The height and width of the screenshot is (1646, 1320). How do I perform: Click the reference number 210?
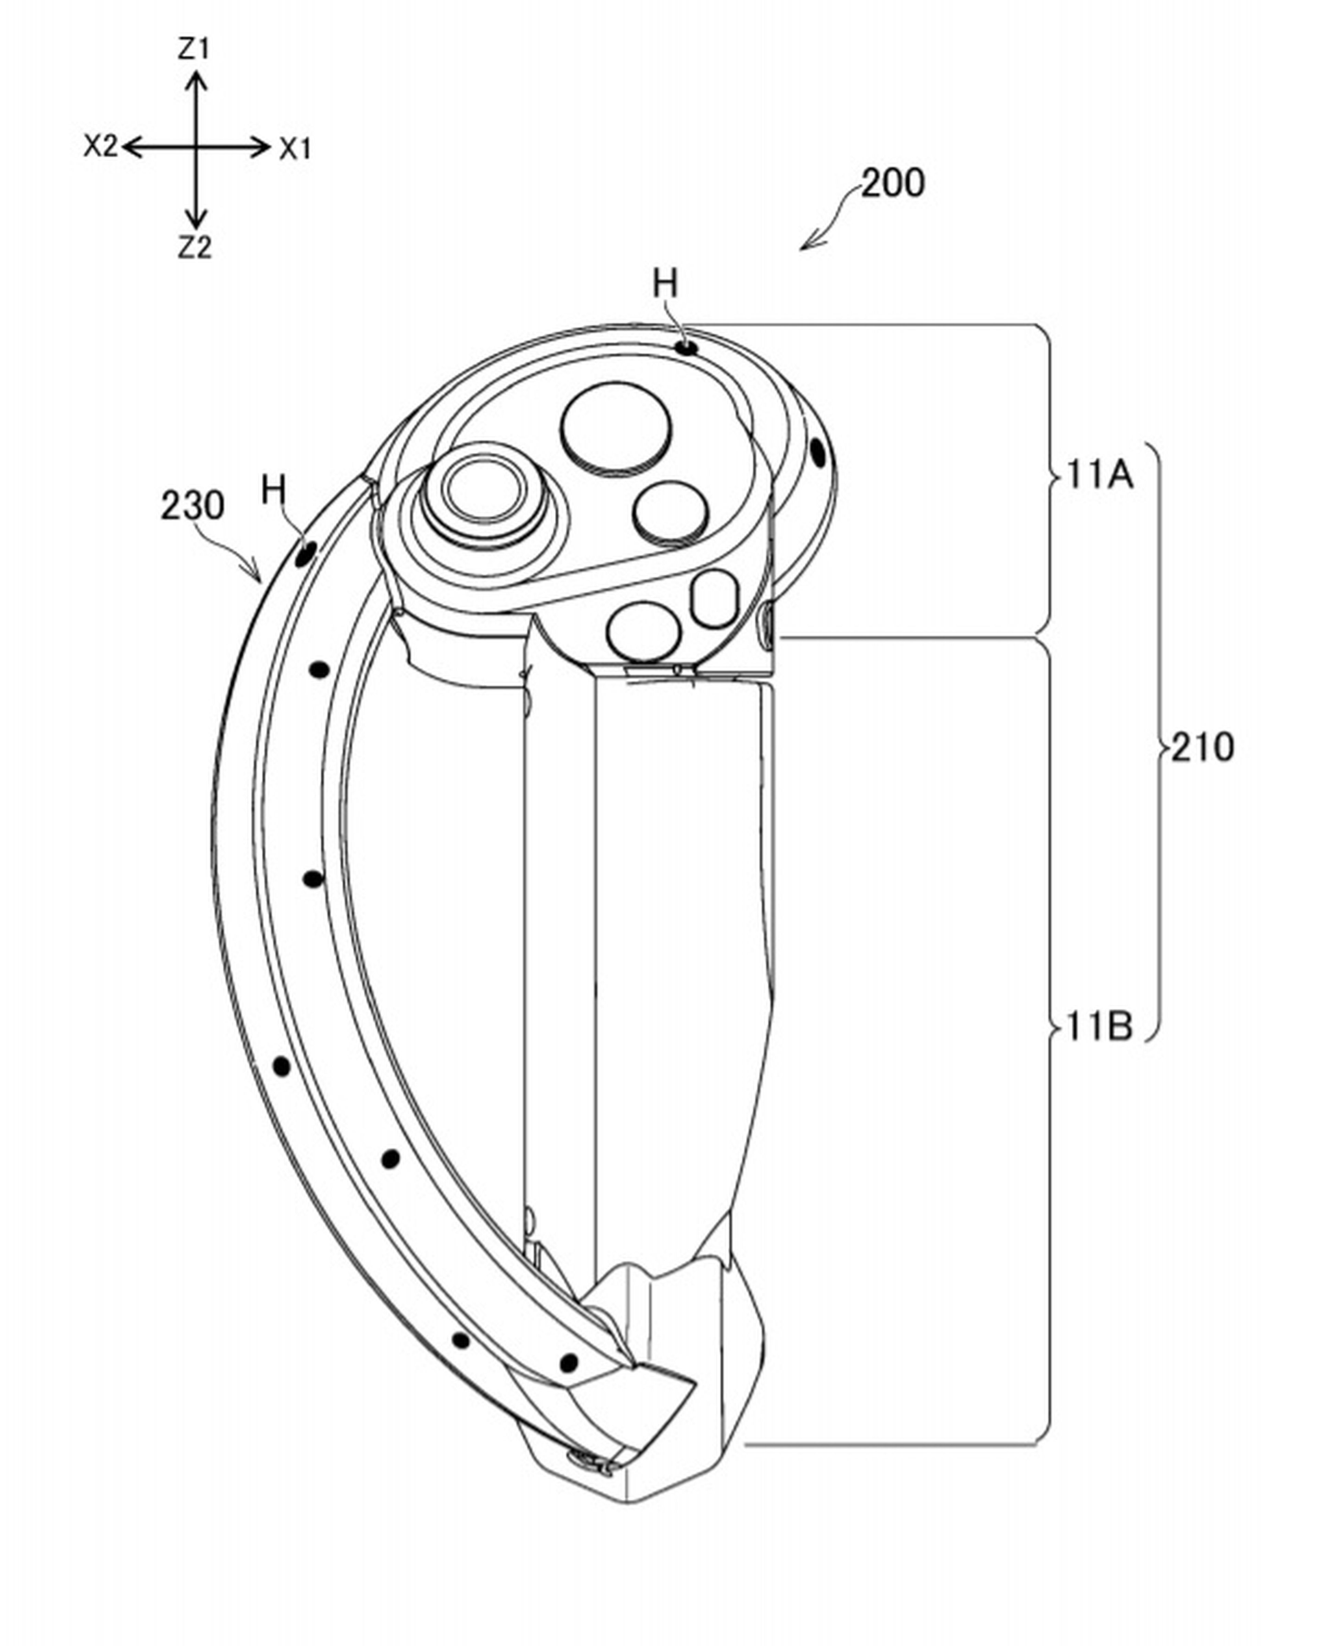1202,748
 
